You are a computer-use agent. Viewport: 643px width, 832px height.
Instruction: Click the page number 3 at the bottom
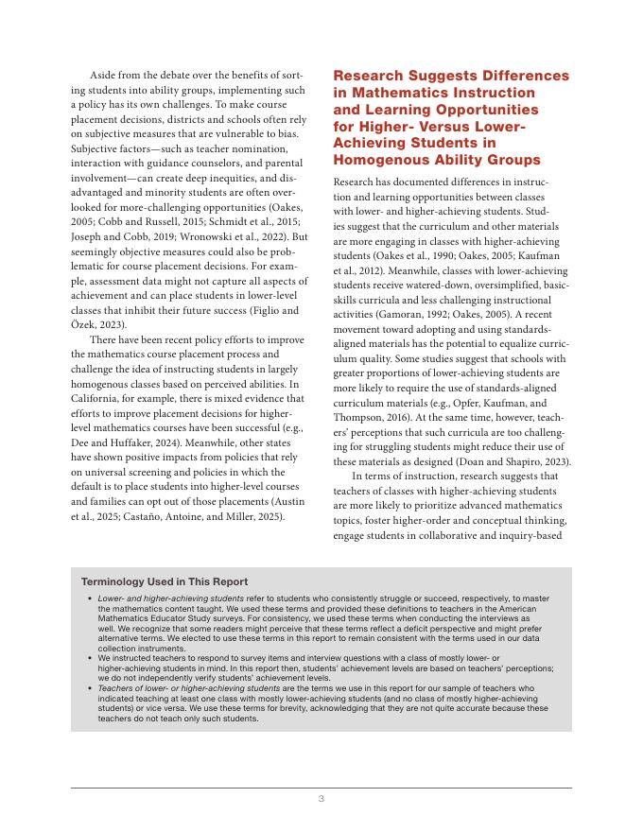[x=321, y=800]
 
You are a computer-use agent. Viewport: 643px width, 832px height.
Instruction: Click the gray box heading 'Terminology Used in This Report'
[x=165, y=582]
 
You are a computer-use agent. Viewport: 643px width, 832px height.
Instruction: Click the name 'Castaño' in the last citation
[x=134, y=518]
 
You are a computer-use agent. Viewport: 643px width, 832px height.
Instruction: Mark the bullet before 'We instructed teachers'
[x=89, y=658]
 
